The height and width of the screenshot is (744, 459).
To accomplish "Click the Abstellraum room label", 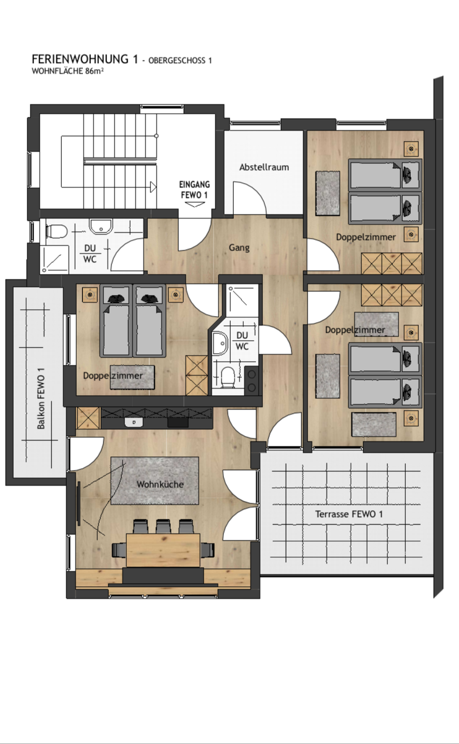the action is click(x=264, y=167).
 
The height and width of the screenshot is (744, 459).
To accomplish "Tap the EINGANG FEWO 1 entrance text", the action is click(x=194, y=190).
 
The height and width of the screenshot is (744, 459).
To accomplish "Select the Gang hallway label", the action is click(x=239, y=248).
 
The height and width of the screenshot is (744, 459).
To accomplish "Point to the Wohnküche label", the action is click(x=160, y=484).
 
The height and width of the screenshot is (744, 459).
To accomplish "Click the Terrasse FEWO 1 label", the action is click(x=349, y=514).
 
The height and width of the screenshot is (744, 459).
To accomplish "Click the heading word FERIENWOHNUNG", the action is click(x=80, y=59).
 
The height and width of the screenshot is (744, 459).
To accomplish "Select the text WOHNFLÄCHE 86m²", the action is click(x=67, y=71).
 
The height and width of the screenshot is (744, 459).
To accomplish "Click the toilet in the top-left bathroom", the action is click(x=57, y=231).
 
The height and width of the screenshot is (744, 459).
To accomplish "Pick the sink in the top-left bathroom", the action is click(x=101, y=226).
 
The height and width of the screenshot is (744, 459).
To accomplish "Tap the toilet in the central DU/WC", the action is click(x=228, y=377).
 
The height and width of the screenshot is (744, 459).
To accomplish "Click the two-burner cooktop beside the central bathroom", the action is click(x=252, y=380).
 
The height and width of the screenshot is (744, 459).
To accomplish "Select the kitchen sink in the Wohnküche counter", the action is click(x=134, y=422).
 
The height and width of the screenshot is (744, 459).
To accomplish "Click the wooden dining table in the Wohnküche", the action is click(x=163, y=550).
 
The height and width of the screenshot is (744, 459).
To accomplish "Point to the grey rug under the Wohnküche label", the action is click(x=155, y=481).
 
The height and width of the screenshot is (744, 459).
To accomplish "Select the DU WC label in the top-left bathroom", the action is click(x=90, y=254).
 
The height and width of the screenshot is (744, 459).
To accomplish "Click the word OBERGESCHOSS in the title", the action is click(x=176, y=61).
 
